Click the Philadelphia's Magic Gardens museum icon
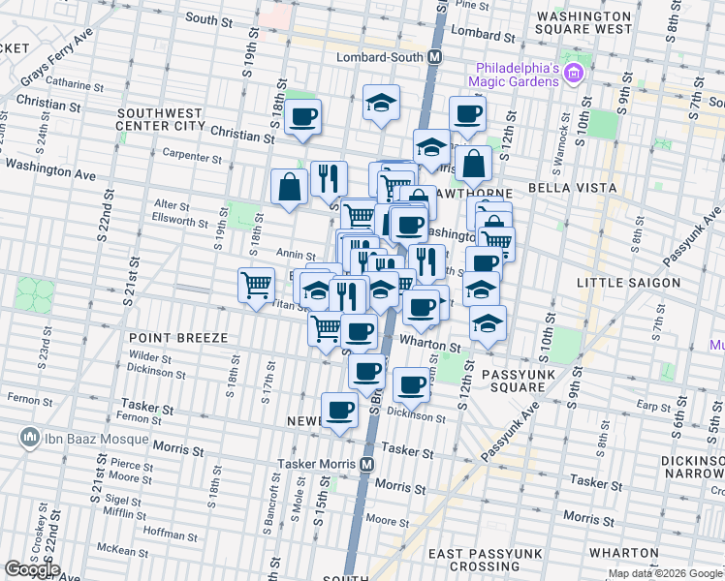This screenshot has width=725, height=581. click(x=574, y=74)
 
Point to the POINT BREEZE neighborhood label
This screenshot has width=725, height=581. click(x=178, y=337)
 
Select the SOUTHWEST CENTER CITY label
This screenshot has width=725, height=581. click(x=161, y=119)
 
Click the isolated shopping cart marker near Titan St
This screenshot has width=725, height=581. click(x=256, y=285)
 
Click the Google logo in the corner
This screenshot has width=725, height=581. click(x=32, y=569)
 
